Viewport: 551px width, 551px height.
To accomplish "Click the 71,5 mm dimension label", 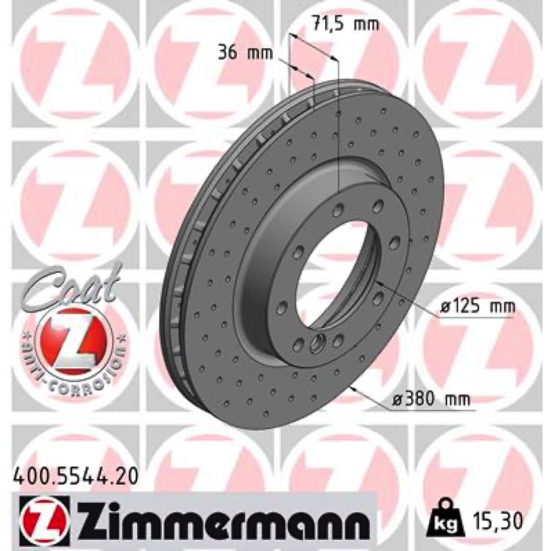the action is [x=346, y=24].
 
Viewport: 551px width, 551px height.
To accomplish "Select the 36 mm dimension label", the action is [x=245, y=53].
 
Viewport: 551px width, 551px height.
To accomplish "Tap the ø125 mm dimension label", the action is [x=478, y=306].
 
